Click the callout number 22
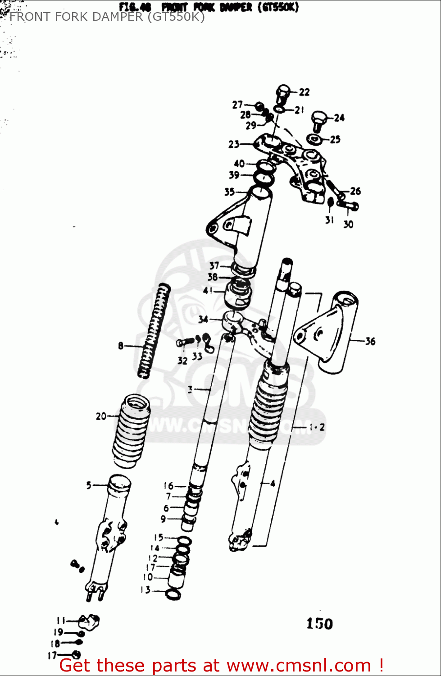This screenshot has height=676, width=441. pyautogui.click(x=305, y=92)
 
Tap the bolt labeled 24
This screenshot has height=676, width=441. pyautogui.click(x=318, y=120)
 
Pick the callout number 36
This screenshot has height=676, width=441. pyautogui.click(x=370, y=341)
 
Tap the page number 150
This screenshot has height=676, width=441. pyautogui.click(x=319, y=624)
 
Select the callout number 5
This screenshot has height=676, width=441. pyautogui.click(x=89, y=485)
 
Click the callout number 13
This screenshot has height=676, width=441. pyautogui.click(x=145, y=590)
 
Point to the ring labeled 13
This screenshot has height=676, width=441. pyautogui.click(x=173, y=594)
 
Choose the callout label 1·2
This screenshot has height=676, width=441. pyautogui.click(x=317, y=427)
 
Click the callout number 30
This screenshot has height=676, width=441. pyautogui.click(x=348, y=224)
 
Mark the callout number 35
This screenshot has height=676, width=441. pyautogui.click(x=229, y=192)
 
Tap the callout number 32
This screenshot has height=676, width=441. pyautogui.click(x=182, y=361)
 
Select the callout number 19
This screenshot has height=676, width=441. pyautogui.click(x=58, y=632)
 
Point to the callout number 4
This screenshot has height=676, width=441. pyautogui.click(x=273, y=484)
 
